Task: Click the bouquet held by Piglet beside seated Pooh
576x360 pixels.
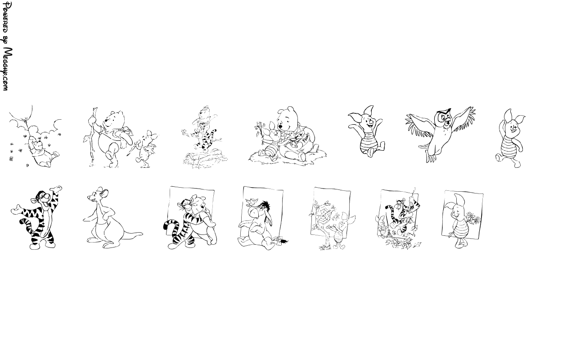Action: (260, 130)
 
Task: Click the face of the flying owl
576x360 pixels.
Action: (444, 118)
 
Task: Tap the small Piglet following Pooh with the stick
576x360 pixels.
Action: (145, 148)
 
